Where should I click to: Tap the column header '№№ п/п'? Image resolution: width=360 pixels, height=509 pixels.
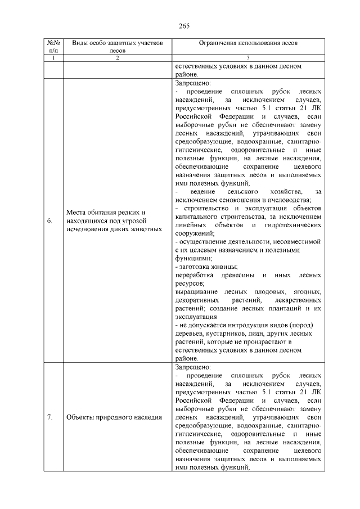tap(54, 46)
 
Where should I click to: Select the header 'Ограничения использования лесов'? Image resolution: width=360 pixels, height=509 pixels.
tap(248, 42)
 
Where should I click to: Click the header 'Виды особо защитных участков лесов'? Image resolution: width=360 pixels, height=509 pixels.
tap(118, 46)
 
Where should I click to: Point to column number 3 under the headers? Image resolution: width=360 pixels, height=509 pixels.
tap(248, 58)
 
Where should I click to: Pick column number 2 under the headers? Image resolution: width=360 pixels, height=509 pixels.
tap(118, 58)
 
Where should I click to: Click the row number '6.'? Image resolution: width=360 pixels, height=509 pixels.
tap(50, 221)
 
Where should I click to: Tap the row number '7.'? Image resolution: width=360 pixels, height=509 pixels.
tap(50, 417)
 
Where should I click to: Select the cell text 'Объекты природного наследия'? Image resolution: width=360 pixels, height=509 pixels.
tap(114, 417)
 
